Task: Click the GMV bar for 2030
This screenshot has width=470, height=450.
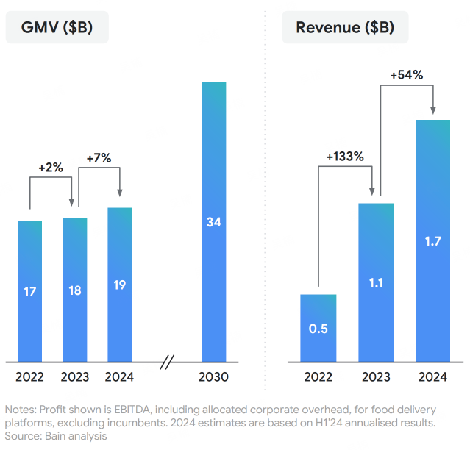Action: click(x=214, y=221)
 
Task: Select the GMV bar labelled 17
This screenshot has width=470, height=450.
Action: click(x=30, y=291)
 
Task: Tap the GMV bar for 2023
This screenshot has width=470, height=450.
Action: click(x=75, y=290)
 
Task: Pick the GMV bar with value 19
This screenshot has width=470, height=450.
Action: click(x=120, y=285)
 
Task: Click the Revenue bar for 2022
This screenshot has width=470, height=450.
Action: click(x=318, y=328)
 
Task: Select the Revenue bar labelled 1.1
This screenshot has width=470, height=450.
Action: click(x=376, y=282)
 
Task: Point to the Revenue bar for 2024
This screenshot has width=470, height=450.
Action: click(x=434, y=240)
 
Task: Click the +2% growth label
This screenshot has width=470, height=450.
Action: click(x=51, y=168)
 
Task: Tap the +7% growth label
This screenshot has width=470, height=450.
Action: click(x=99, y=157)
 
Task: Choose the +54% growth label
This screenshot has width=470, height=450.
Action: click(x=407, y=74)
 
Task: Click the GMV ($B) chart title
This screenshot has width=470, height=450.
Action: click(x=57, y=28)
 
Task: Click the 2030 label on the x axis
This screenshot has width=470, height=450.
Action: click(x=214, y=377)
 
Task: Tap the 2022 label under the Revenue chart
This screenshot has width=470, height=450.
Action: click(x=318, y=377)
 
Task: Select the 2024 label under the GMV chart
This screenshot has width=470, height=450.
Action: click(x=120, y=377)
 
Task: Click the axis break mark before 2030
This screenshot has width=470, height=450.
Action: click(x=168, y=362)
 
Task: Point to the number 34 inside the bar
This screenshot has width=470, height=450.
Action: click(x=214, y=221)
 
